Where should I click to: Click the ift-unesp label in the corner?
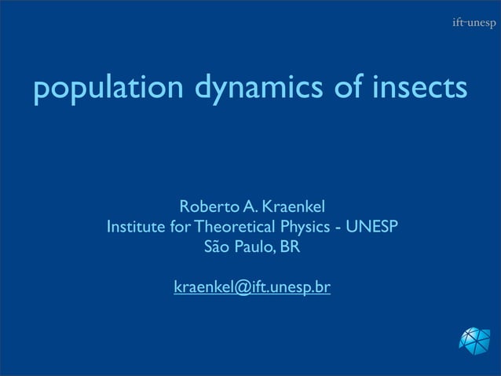point(473,23)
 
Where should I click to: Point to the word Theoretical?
point(233,228)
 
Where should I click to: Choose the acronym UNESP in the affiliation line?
point(371,228)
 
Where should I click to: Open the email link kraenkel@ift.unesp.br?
point(251,288)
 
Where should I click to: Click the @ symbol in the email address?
point(238,288)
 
